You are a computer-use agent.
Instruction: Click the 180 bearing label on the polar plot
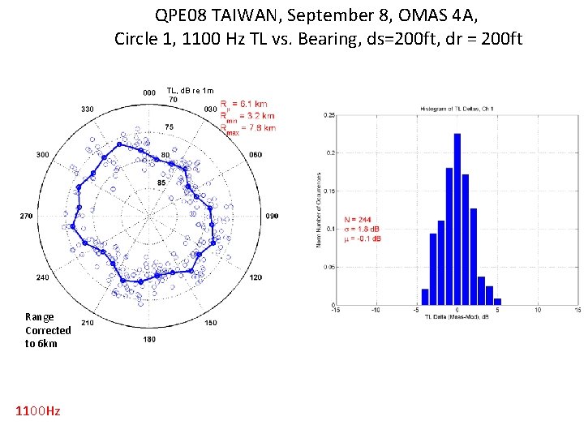click(x=148, y=338)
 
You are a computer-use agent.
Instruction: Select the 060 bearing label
click(x=255, y=154)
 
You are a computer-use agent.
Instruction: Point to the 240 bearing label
click(x=42, y=277)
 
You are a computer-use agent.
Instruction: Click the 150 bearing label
click(x=210, y=323)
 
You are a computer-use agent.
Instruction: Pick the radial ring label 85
click(x=161, y=182)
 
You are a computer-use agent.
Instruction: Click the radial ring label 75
click(x=169, y=127)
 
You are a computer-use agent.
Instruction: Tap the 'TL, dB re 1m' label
click(x=190, y=90)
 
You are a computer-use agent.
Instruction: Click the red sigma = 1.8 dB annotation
click(x=363, y=229)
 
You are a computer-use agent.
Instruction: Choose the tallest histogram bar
click(x=457, y=219)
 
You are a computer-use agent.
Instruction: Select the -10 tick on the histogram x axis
click(x=376, y=309)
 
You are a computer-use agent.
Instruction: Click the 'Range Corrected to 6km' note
click(x=48, y=330)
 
